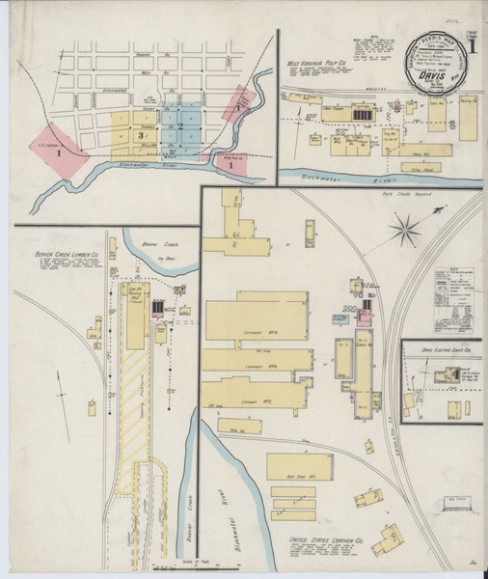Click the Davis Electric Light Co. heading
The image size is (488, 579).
(445, 351)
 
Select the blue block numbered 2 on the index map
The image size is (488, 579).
(179, 125)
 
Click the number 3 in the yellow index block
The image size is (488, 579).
(141, 136)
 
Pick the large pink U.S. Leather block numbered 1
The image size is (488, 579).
(60, 151)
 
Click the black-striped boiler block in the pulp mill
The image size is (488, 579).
(362, 115)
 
